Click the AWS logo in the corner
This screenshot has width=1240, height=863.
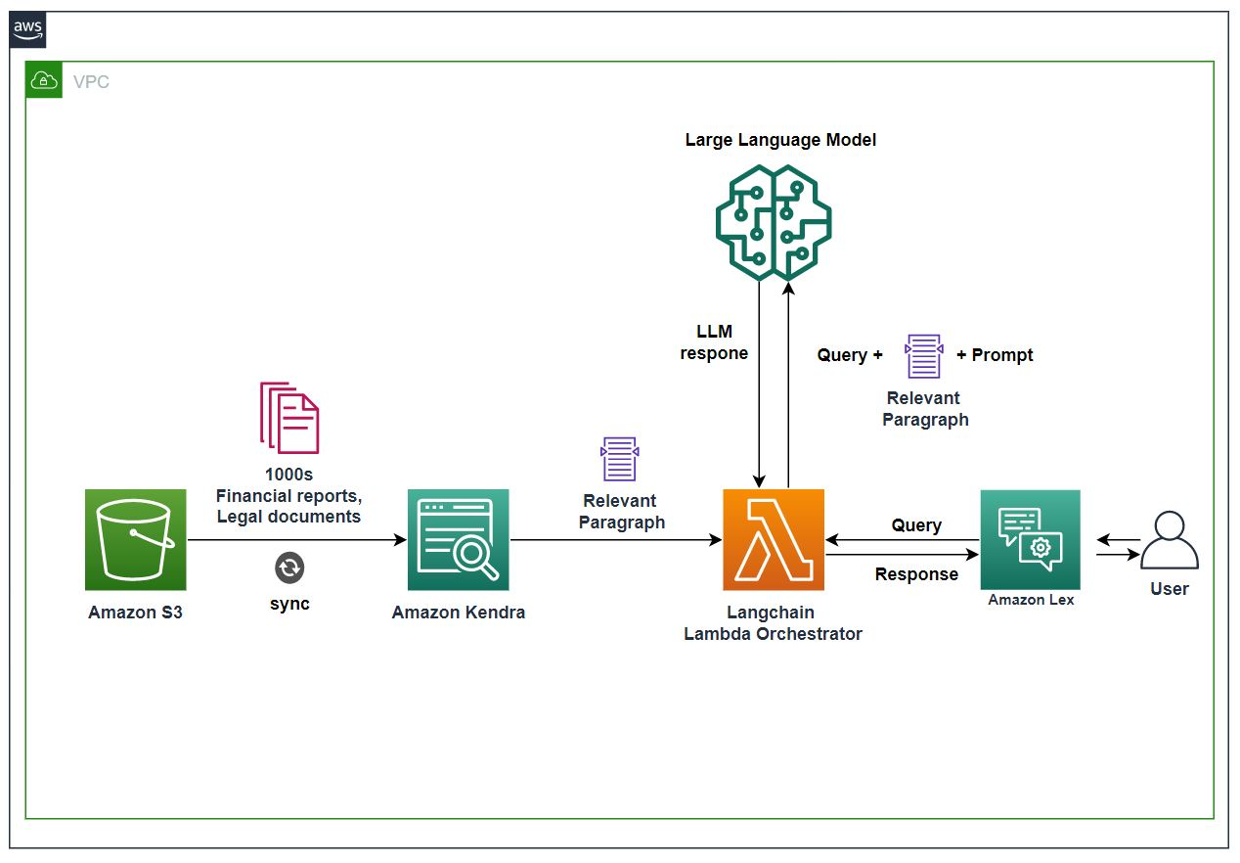[x=28, y=30]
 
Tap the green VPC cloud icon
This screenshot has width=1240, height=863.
[x=44, y=81]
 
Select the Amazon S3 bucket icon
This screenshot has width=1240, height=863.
[x=135, y=539]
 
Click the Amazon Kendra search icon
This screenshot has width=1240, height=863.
[x=458, y=539]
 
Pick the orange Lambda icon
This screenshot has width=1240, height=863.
[x=774, y=539]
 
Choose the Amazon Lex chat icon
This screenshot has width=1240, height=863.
[x=1030, y=539]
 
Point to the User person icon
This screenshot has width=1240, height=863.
[x=1169, y=541]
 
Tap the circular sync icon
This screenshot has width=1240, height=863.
[x=289, y=568]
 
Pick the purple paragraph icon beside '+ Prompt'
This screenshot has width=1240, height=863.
[x=924, y=356]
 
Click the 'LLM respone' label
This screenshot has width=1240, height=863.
[x=715, y=342]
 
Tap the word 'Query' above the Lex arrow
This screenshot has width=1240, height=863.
[x=916, y=525]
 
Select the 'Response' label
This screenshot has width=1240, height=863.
[x=916, y=574]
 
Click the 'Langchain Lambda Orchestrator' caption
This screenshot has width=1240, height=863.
[x=773, y=623]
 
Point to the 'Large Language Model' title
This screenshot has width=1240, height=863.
[x=780, y=140]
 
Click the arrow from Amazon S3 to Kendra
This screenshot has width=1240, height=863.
[x=293, y=540]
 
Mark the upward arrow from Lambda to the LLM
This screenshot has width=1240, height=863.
[x=788, y=382]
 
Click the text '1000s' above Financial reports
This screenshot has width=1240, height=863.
[x=289, y=475]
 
